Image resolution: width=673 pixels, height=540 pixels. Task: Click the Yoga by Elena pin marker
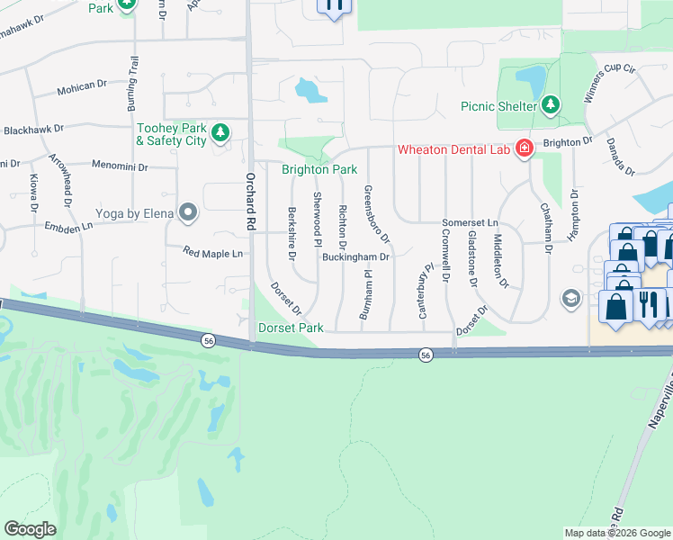[188, 212]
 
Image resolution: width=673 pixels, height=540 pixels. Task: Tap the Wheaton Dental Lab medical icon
[524, 149]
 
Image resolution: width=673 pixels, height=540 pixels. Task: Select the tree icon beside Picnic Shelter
[550, 105]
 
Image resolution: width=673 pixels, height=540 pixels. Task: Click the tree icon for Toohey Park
[220, 134]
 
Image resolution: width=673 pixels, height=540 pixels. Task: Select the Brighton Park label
[319, 169]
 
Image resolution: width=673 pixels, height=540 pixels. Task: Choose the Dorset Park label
[291, 328]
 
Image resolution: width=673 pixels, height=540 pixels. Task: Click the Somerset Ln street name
[469, 222]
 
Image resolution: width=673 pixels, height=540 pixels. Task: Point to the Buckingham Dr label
[355, 256]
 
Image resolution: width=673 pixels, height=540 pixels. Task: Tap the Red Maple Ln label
[212, 254]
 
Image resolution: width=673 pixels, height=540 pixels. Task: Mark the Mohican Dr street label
[82, 91]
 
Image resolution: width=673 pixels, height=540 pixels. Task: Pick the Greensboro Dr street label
[376, 214]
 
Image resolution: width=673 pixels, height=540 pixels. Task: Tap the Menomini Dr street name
[120, 166]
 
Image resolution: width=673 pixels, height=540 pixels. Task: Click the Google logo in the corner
[30, 529]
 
